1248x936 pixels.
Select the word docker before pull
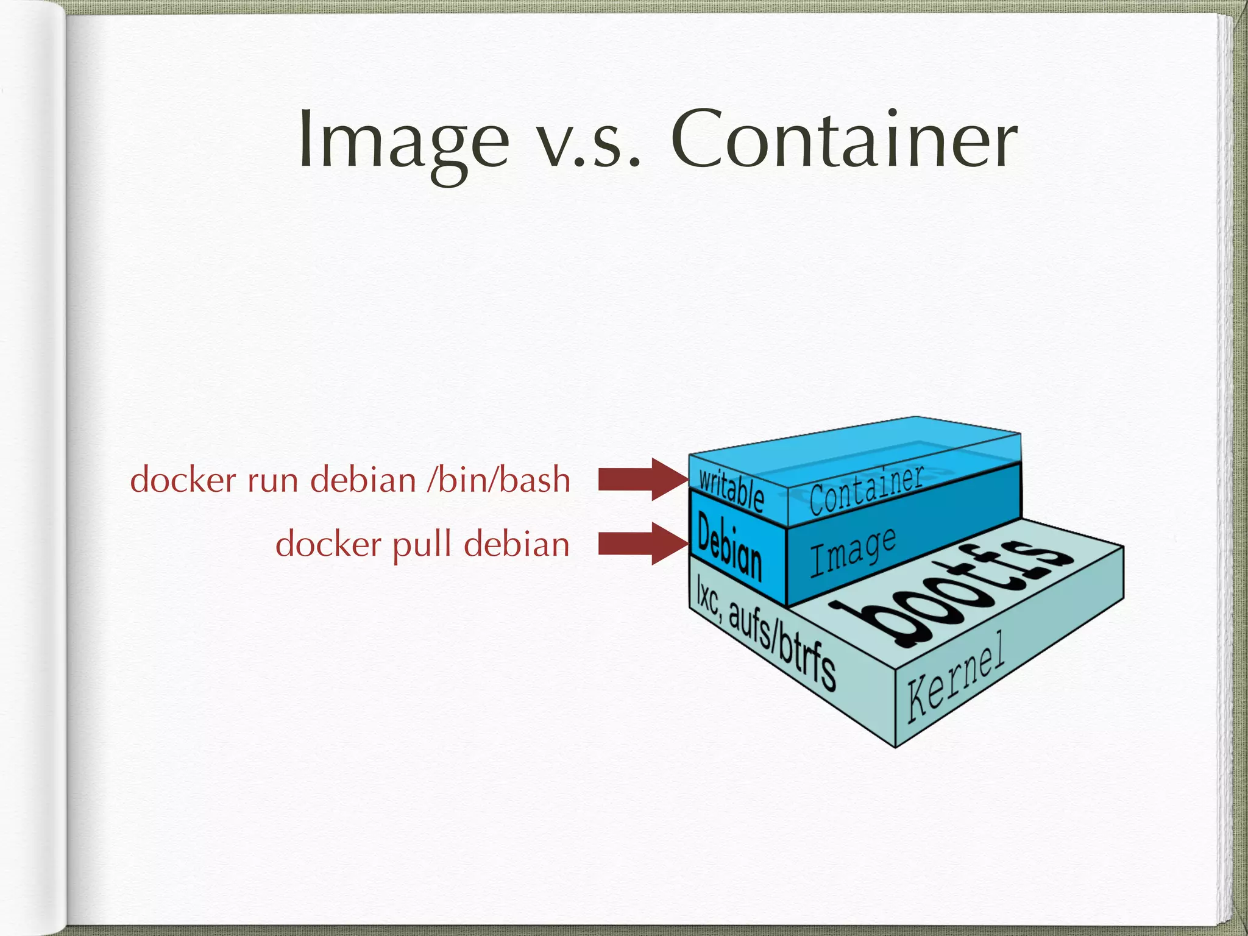click(x=328, y=544)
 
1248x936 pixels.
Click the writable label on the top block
click(x=731, y=491)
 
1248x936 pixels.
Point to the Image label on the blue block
click(x=853, y=551)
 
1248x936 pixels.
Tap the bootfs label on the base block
click(x=951, y=589)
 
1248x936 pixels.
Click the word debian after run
click(x=363, y=480)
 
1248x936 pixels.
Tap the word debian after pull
click(x=517, y=544)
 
